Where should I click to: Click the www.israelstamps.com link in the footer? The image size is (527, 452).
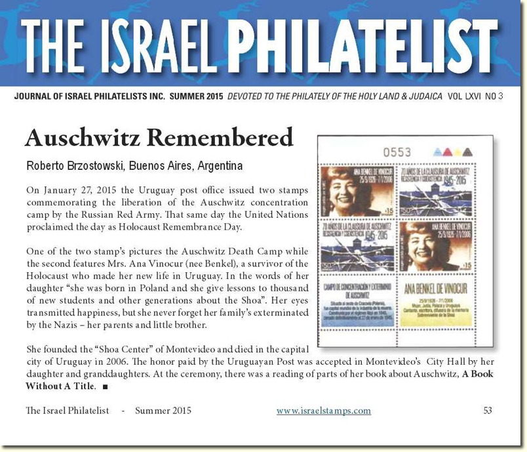[324, 411]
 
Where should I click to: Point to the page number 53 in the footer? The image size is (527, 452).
[488, 411]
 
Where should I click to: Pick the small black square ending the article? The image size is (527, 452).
[105, 386]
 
